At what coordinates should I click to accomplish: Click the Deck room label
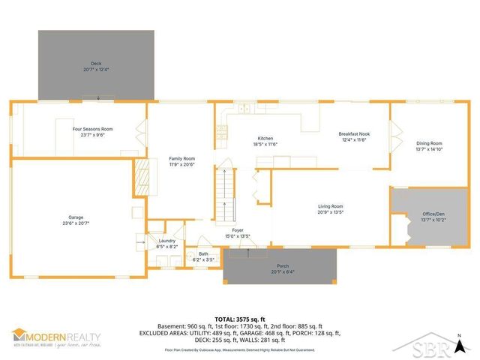(95, 64)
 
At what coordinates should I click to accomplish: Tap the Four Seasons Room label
(97, 129)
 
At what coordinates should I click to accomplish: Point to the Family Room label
(181, 158)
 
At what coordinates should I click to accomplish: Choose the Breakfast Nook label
(354, 133)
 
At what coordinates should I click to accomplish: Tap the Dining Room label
(430, 143)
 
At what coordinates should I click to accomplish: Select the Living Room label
(330, 206)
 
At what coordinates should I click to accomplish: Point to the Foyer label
(238, 230)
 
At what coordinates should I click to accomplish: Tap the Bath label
(203, 254)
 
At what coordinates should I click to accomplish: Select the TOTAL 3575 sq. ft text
(240, 317)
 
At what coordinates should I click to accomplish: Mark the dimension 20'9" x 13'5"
(330, 211)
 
